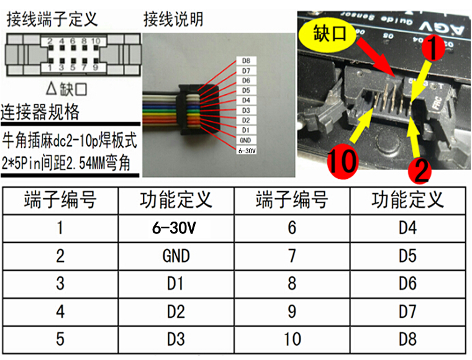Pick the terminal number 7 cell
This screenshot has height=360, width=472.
click(x=291, y=255)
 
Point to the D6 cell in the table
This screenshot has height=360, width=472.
click(x=407, y=283)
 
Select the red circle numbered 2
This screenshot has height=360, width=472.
click(x=421, y=169)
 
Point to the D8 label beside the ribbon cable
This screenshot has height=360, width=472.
click(x=246, y=61)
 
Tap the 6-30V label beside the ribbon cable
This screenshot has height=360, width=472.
click(x=247, y=150)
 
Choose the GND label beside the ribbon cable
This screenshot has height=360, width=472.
click(x=246, y=140)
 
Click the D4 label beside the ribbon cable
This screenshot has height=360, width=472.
click(x=246, y=101)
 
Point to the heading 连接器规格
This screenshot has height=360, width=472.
click(x=40, y=112)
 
